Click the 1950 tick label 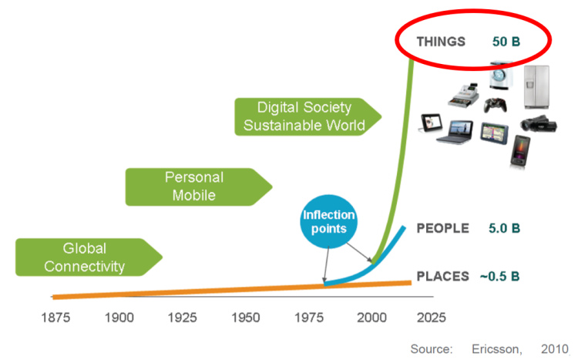(x=246, y=317)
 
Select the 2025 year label (x=433, y=317)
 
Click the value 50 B (x=506, y=41)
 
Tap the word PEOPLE (x=442, y=228)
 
